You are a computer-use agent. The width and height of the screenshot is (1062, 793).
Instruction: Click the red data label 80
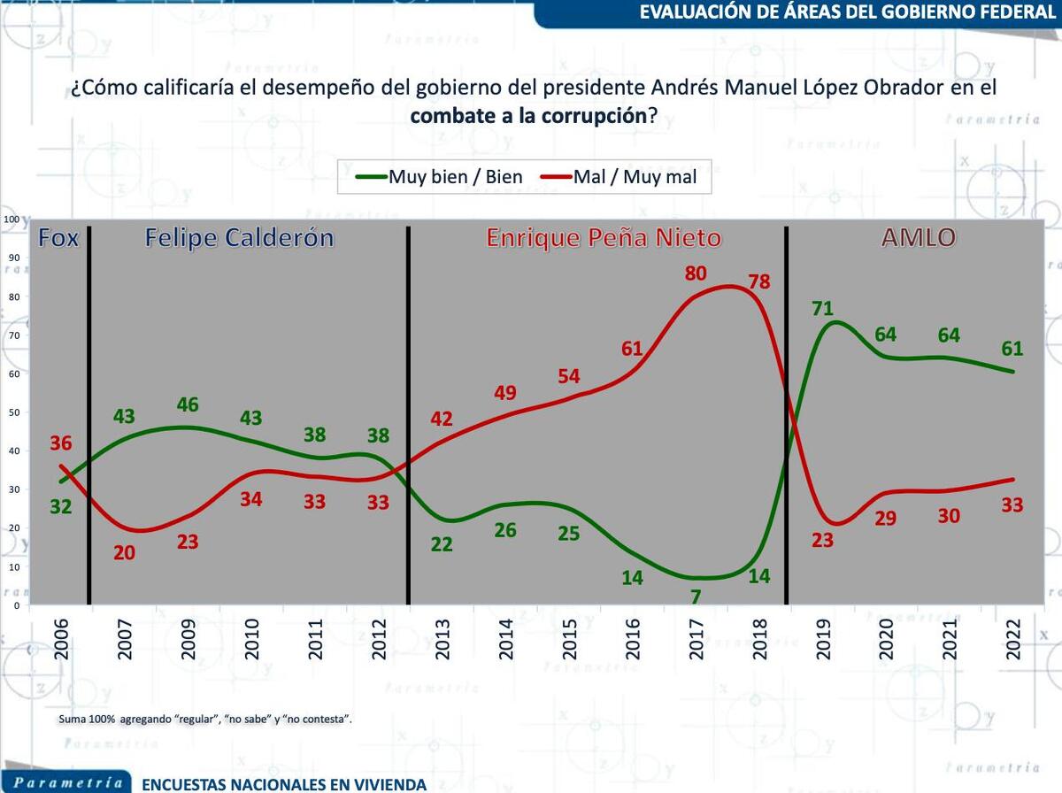696,273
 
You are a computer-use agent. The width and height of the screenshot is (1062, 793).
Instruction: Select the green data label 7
696,597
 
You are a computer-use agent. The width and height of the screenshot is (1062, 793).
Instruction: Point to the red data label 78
759,282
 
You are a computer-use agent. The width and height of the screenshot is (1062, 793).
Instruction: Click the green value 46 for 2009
188,404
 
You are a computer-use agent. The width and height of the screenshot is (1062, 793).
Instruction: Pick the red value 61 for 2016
632,348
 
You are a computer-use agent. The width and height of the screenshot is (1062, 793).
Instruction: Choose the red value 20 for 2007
124,552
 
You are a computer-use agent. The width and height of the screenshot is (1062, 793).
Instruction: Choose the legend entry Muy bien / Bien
439,177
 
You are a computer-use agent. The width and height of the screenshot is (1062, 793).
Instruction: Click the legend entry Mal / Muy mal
619,177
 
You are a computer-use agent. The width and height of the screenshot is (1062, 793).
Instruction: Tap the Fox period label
58,238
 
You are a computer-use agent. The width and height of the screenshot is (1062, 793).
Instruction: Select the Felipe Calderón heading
240,238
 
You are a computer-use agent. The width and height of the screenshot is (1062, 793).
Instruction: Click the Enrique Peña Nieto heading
604,238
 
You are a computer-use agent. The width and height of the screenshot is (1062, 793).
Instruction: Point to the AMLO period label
918,238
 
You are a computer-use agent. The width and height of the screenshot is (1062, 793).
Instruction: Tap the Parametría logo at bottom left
67,783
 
